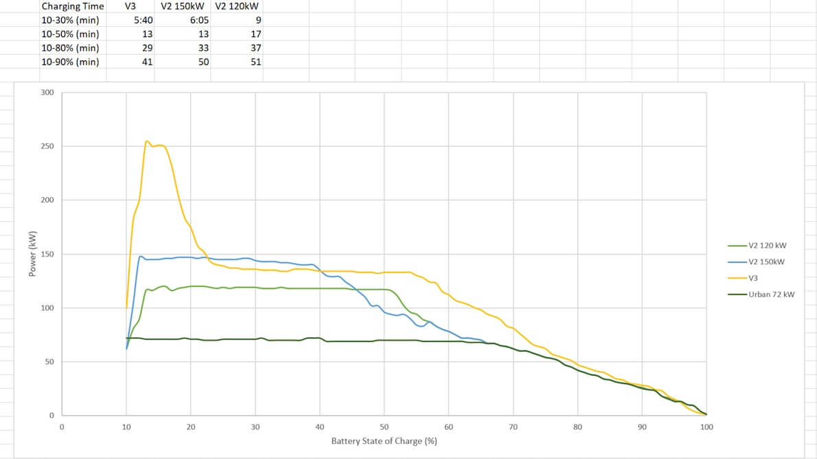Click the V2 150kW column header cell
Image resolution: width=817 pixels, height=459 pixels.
pos(184,6)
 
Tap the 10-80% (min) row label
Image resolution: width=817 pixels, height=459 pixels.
pos(70,48)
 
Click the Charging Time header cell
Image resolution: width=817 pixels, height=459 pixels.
pos(73,6)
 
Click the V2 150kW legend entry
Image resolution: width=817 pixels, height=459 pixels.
pos(766,261)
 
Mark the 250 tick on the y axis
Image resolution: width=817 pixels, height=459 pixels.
pos(47,146)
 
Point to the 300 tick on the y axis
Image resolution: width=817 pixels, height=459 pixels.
pos(47,93)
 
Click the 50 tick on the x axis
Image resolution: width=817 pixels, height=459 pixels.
pos(384,427)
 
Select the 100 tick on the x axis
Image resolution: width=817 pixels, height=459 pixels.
pos(706,427)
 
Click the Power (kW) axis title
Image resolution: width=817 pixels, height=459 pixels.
pos(32,254)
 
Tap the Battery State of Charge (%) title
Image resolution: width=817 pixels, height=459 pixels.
pos(384,440)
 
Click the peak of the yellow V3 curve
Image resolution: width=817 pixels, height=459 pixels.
pos(147,141)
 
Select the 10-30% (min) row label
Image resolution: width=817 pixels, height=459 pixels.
pos(70,20)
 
